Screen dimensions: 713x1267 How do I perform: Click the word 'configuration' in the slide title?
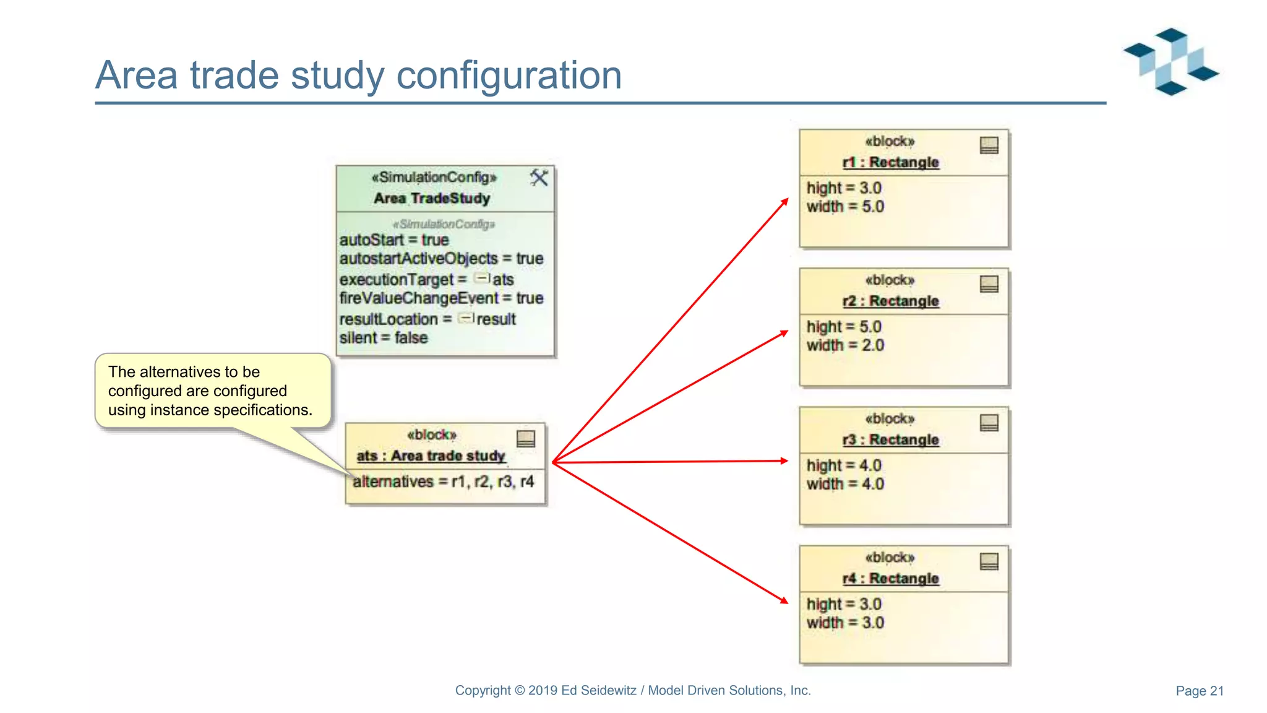(x=509, y=76)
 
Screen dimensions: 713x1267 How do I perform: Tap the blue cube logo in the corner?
(x=1170, y=61)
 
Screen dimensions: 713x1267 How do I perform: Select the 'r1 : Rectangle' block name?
(x=890, y=162)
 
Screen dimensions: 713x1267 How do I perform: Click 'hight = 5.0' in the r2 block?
(x=843, y=326)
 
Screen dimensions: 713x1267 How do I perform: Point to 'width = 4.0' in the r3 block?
(x=844, y=484)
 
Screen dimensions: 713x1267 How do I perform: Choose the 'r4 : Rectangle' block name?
(x=890, y=578)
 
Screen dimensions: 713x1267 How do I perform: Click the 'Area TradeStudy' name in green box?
(x=432, y=198)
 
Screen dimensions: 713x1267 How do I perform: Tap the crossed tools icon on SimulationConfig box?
(x=539, y=178)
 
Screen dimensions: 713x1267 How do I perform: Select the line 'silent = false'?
(x=383, y=338)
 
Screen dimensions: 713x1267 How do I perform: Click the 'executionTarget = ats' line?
(x=426, y=280)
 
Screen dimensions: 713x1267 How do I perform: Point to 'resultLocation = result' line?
(x=427, y=319)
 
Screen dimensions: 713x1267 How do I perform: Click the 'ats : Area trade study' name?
(x=431, y=456)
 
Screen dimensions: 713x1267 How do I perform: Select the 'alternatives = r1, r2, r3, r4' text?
(x=443, y=482)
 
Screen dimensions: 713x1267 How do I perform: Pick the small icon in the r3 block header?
(x=989, y=423)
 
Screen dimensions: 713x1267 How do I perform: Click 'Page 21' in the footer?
(x=1199, y=691)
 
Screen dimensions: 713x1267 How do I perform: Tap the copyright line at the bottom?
(x=632, y=690)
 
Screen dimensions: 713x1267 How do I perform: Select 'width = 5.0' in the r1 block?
(x=844, y=207)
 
